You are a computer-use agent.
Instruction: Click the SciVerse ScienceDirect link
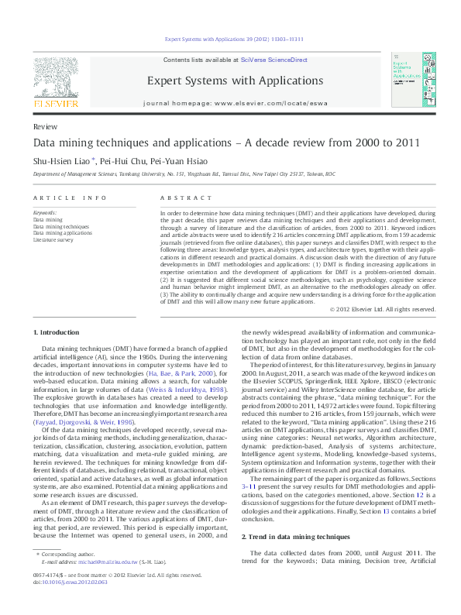pos(274,60)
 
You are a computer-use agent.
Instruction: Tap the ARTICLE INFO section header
pos(70,198)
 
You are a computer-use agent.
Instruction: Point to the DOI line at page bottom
pos(70,602)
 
